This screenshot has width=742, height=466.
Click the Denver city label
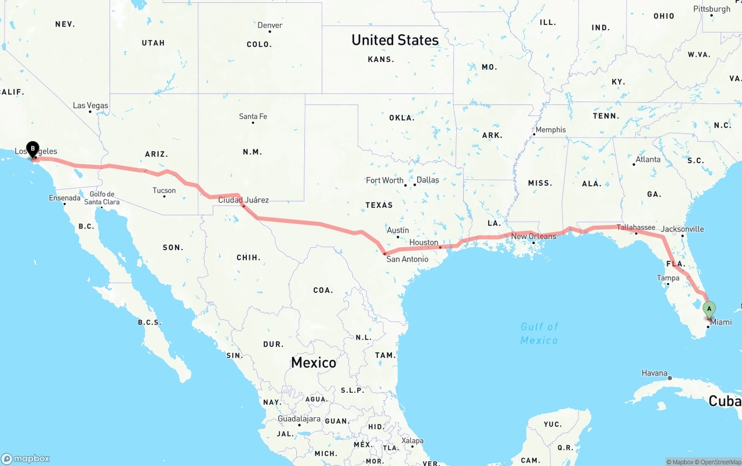pyautogui.click(x=270, y=25)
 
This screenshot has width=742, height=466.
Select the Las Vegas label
pyautogui.click(x=90, y=106)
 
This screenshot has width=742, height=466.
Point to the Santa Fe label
pyautogui.click(x=253, y=117)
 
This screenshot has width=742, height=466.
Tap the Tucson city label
pyautogui.click(x=164, y=190)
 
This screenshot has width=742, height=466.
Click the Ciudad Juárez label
pyautogui.click(x=243, y=200)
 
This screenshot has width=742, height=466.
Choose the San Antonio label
pyautogui.click(x=408, y=259)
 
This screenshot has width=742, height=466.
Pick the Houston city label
pyautogui.click(x=424, y=242)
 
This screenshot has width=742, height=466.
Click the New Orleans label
pyautogui.click(x=533, y=236)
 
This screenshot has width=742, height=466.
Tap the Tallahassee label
pyautogui.click(x=636, y=227)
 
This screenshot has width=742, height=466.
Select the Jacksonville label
pyautogui.click(x=682, y=229)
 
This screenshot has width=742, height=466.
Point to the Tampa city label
pyautogui.click(x=668, y=278)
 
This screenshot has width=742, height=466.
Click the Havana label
pyautogui.click(x=654, y=373)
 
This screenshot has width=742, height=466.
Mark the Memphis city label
pyautogui.click(x=550, y=130)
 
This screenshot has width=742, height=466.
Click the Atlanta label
pyautogui.click(x=648, y=160)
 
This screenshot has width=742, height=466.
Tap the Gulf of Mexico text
pyautogui.click(x=539, y=334)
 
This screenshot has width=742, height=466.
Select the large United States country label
pyautogui.click(x=395, y=40)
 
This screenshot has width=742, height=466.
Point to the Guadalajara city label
pyautogui.click(x=299, y=418)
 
